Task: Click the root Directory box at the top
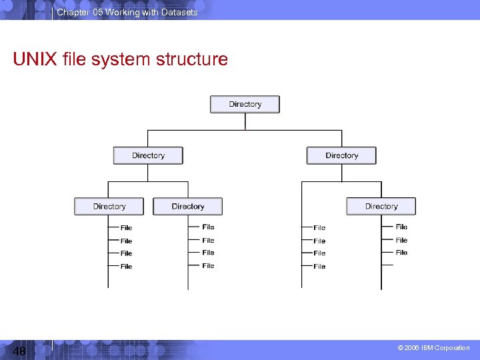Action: click(245, 105)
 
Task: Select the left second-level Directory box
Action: click(148, 155)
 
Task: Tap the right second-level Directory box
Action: click(341, 155)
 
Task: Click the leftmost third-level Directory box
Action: click(109, 207)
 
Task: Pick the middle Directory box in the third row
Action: click(187, 207)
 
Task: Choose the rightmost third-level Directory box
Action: click(381, 207)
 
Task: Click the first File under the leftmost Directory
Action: click(126, 228)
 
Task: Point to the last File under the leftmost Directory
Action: click(126, 267)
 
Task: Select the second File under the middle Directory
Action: click(208, 240)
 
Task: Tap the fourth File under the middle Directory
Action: click(208, 266)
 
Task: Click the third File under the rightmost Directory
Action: click(401, 253)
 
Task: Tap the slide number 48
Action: click(19, 351)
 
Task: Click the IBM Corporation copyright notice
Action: click(433, 348)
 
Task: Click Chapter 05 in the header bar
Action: click(77, 12)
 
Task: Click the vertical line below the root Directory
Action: click(245, 121)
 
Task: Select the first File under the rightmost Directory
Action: click(401, 227)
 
